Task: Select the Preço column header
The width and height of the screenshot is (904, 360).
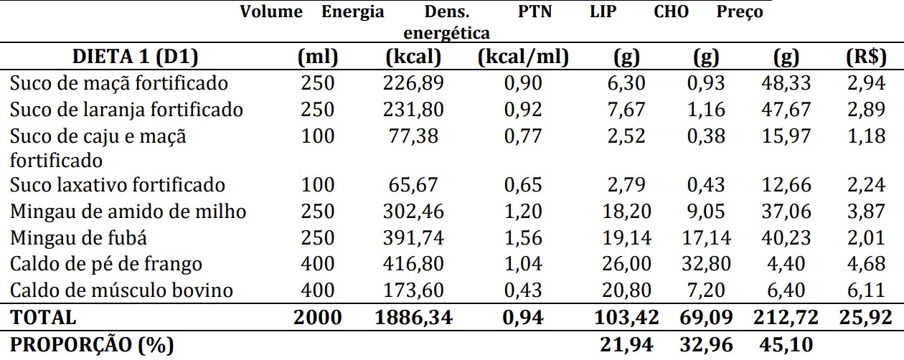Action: [740, 12]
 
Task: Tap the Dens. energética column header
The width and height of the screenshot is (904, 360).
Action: [447, 22]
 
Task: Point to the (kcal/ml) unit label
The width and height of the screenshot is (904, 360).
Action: [523, 56]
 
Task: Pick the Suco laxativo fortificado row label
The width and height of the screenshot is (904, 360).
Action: [118, 184]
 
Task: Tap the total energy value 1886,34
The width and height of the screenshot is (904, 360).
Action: [414, 317]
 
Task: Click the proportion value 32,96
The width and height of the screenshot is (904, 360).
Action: [704, 345]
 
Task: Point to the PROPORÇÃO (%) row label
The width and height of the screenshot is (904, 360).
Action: [92, 345]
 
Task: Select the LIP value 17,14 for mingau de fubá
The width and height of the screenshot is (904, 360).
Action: [705, 237]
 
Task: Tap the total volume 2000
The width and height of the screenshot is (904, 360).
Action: [318, 317]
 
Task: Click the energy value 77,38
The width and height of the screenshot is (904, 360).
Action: [413, 136]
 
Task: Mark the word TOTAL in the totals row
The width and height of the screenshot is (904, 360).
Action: [42, 317]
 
